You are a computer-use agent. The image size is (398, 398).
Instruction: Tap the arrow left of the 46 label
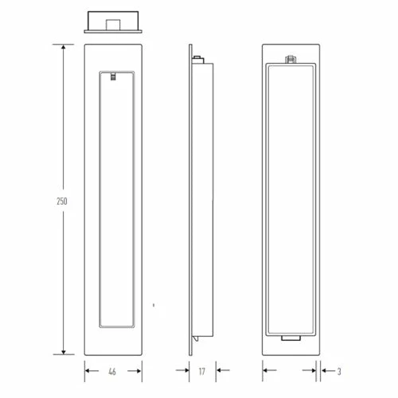pos(88,369)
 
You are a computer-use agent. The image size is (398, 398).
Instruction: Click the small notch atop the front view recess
pos(115,76)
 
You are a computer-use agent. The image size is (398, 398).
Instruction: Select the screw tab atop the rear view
pos(291,58)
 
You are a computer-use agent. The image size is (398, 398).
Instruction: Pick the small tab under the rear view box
pos(291,340)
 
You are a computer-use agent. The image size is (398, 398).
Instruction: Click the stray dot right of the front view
pos(153,304)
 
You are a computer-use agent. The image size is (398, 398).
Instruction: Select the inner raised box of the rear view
pos(291,199)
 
